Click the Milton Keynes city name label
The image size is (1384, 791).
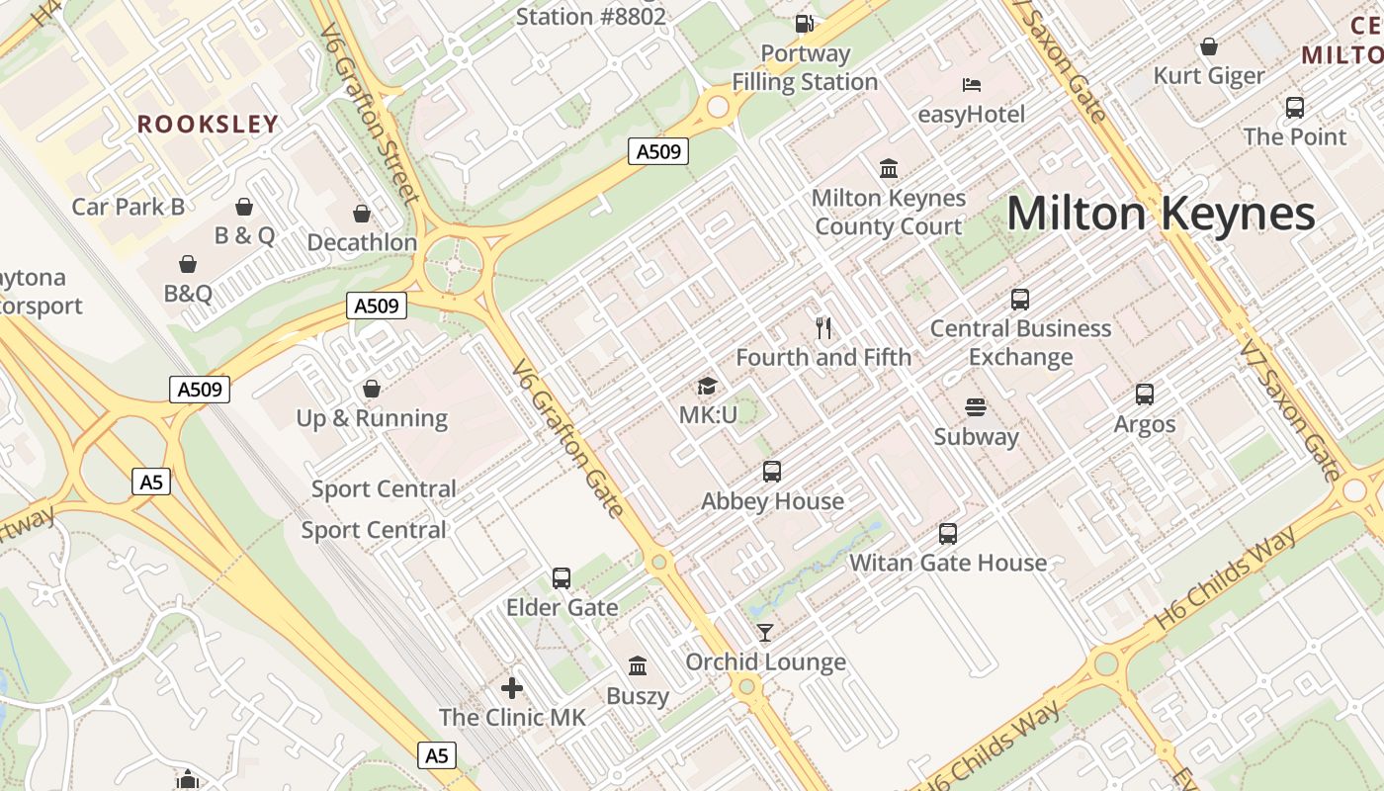click(x=1161, y=214)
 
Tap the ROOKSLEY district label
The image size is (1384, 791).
click(x=208, y=124)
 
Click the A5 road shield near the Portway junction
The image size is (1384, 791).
click(x=151, y=483)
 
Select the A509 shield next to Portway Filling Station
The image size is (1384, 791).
click(x=658, y=151)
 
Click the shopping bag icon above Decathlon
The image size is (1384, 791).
click(x=362, y=214)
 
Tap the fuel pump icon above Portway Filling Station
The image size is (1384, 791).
click(x=805, y=24)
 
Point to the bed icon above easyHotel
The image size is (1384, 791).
click(x=972, y=85)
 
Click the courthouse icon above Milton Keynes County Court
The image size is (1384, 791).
click(x=888, y=169)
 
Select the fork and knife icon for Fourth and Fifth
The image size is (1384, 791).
click(x=823, y=327)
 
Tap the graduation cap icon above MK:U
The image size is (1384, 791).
click(x=707, y=386)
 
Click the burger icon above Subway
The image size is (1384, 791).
click(x=976, y=407)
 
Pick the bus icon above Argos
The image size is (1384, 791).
click(x=1145, y=395)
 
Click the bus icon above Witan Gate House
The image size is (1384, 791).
click(x=948, y=534)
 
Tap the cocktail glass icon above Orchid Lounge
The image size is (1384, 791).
click(x=765, y=633)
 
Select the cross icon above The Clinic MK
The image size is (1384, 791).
click(x=512, y=688)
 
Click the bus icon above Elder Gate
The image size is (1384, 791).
click(x=562, y=578)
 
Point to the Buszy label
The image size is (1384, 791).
click(x=638, y=696)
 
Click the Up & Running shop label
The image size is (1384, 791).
click(x=372, y=418)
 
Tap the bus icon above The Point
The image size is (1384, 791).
click(x=1295, y=108)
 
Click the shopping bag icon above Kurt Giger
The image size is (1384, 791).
click(x=1208, y=46)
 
